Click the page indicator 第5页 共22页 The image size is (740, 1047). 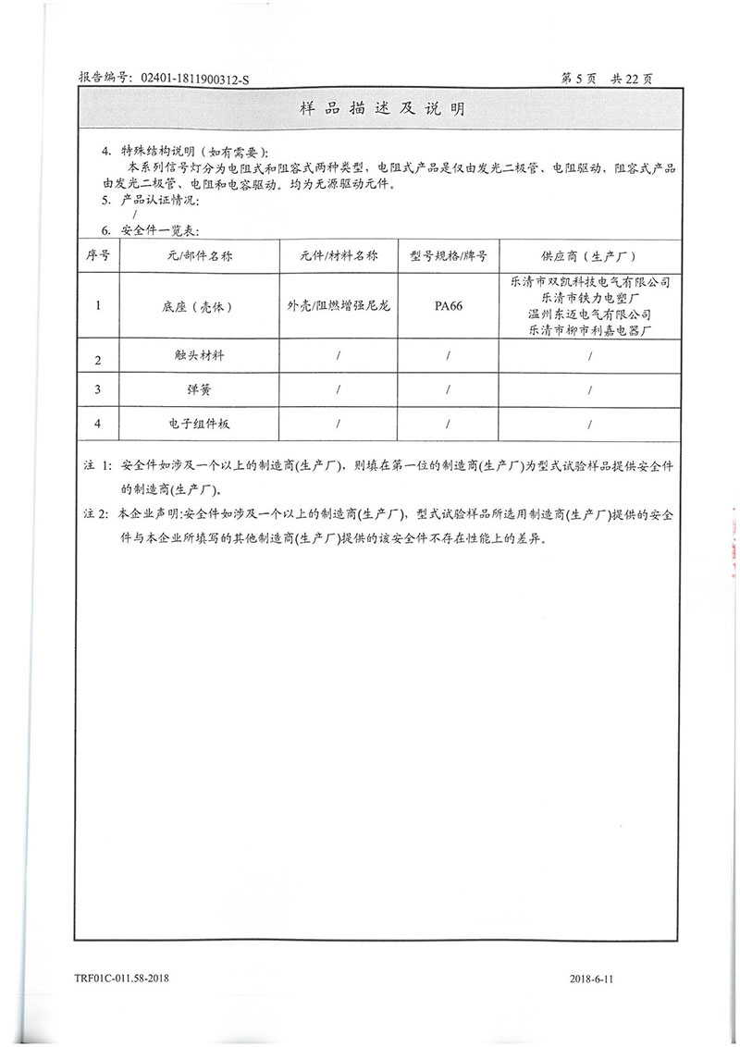tap(607, 80)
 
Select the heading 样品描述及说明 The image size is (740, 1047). tap(383, 109)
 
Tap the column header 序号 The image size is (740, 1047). tap(99, 255)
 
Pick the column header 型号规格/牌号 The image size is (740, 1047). tap(448, 255)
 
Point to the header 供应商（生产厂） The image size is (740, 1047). tap(588, 255)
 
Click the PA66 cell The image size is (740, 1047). tap(448, 305)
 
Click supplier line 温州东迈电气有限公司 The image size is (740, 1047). tap(590, 314)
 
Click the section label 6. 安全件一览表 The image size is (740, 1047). tap(150, 230)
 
